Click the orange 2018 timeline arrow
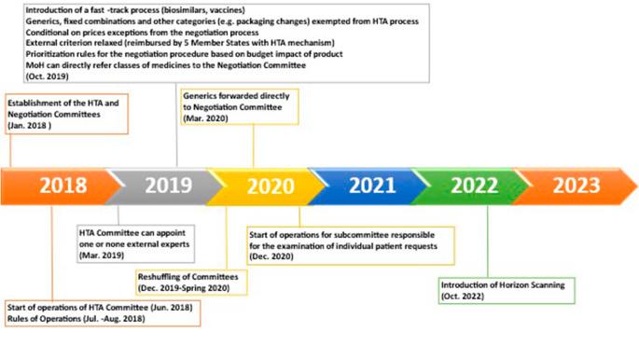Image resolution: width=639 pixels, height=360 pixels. click(x=61, y=186)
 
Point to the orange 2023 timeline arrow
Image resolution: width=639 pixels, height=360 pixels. click(x=574, y=186)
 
